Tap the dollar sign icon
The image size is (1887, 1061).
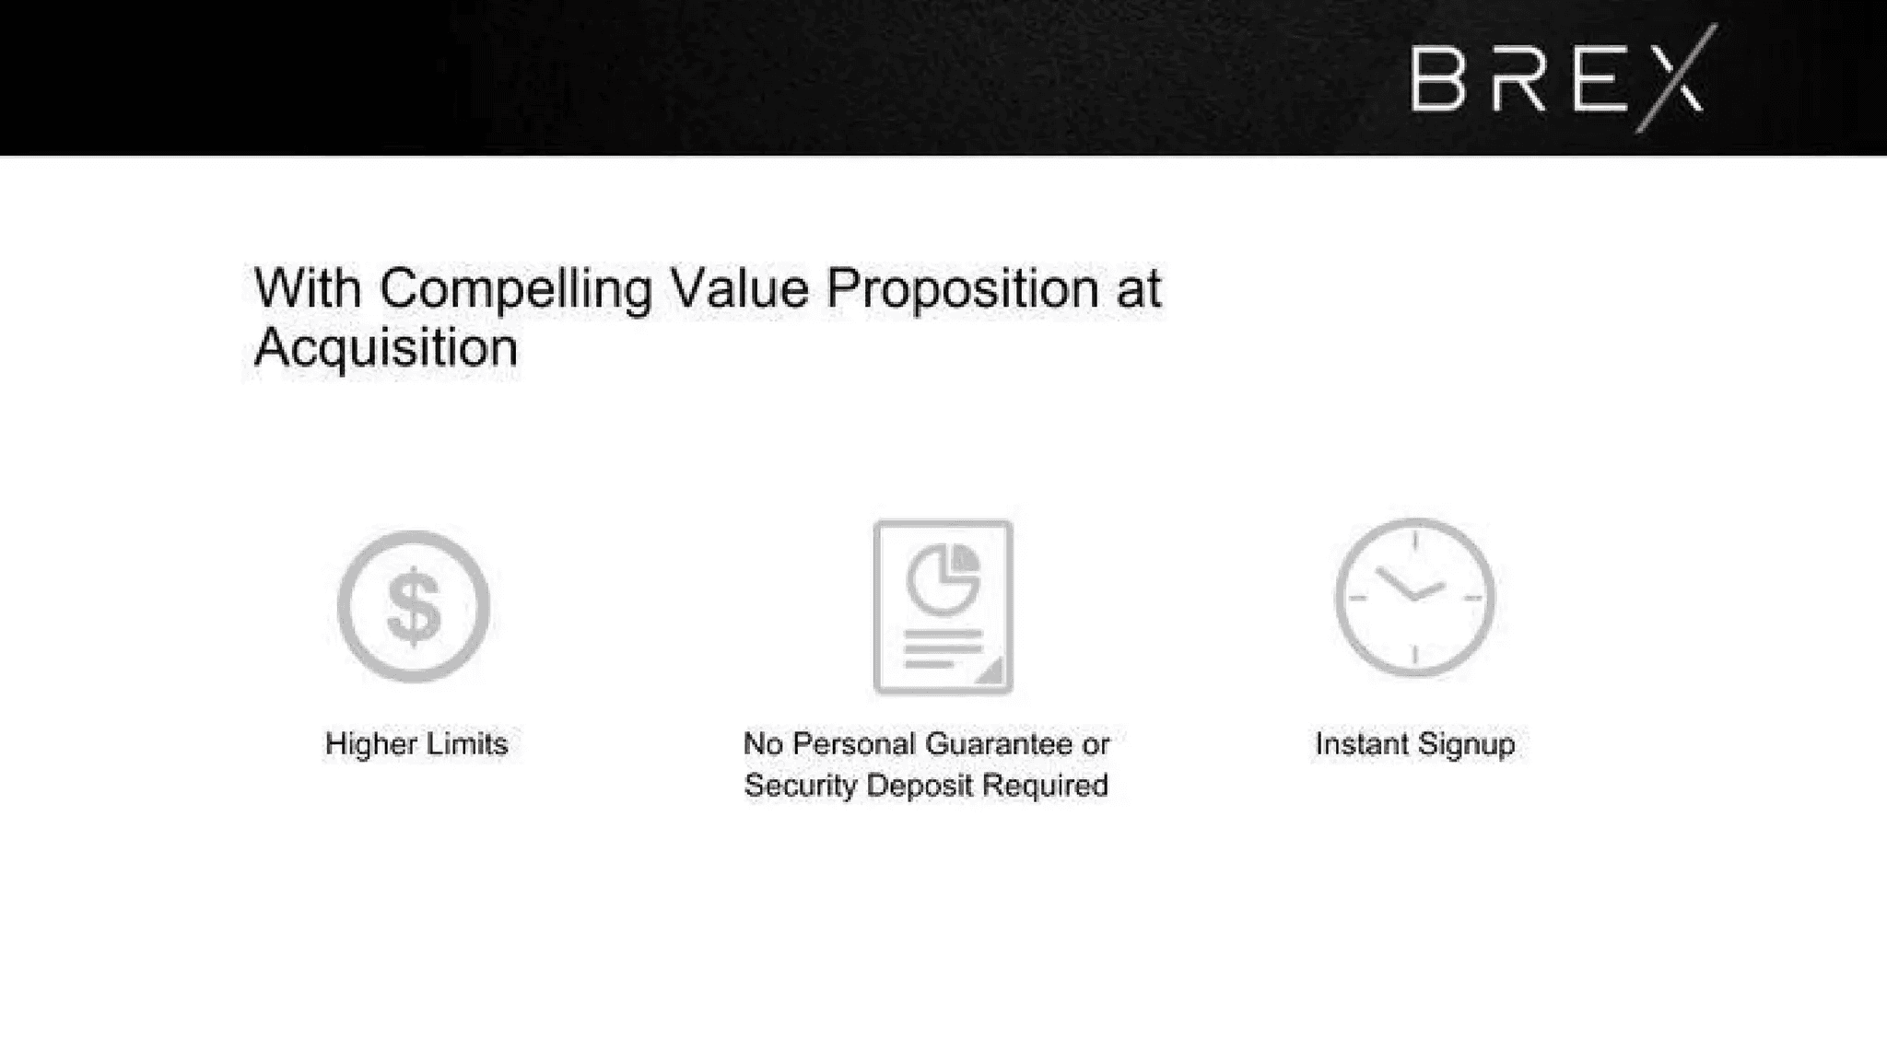pos(414,607)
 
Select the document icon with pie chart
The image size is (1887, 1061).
pos(943,607)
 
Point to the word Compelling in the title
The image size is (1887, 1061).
pos(515,288)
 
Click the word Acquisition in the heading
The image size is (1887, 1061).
pos(386,347)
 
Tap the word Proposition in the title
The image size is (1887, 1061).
pos(962,288)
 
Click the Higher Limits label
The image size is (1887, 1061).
pos(416,743)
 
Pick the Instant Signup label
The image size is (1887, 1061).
pos(1415,744)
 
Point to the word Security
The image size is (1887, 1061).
pos(801,786)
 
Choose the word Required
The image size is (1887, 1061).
pos(1045,786)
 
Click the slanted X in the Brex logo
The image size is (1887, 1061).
pos(1676,78)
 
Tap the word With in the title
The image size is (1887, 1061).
pos(308,288)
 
